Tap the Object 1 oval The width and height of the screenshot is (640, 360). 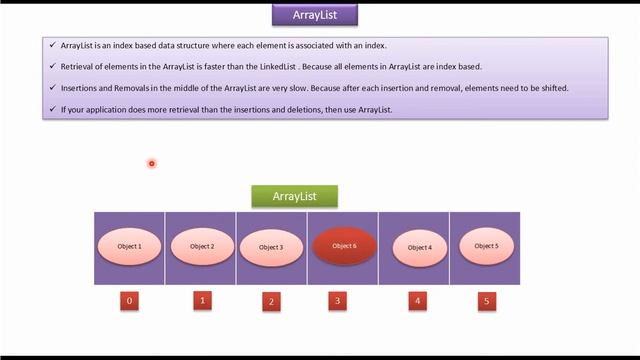130,246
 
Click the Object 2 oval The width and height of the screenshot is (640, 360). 201,246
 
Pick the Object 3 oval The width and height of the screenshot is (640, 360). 271,247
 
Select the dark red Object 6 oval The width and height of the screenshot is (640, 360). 343,246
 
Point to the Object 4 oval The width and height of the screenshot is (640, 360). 419,247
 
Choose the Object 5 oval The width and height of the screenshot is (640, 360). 485,246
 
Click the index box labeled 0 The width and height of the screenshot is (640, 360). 129,300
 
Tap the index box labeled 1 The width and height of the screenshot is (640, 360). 202,299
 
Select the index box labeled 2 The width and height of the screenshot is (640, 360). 271,301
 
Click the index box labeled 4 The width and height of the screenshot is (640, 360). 417,299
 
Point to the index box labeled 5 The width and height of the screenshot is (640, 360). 487,300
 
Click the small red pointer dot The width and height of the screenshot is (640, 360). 151,163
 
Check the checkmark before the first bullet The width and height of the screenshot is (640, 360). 52,45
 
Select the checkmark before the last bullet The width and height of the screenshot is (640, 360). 52,109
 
